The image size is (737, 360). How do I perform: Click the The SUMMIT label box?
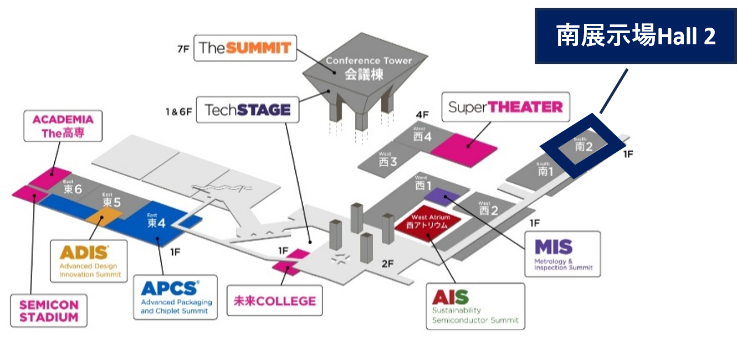pyautogui.click(x=245, y=48)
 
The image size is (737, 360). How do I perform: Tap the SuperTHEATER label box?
pyautogui.click(x=505, y=107)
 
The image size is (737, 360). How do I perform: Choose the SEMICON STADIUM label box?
pyautogui.click(x=49, y=310)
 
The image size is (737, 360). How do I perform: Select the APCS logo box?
pyautogui.click(x=175, y=296)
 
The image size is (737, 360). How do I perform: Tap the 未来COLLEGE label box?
pyautogui.click(x=275, y=301)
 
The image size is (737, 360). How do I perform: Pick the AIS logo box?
pyautogui.click(x=475, y=306)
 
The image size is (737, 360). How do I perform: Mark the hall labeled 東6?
pyautogui.click(x=72, y=189)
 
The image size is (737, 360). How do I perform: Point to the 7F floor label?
pyautogui.click(x=183, y=49)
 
